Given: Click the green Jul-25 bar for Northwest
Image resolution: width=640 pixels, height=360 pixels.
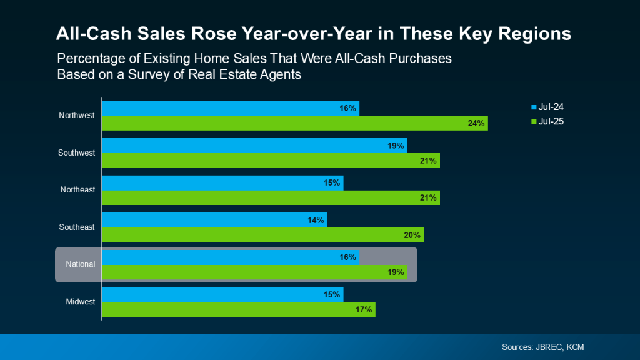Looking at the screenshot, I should tap(294, 123).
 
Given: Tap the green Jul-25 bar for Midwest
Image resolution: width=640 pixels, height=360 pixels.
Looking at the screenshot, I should tap(237, 309).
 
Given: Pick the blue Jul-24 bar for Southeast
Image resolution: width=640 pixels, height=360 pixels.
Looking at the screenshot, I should tap(214, 220).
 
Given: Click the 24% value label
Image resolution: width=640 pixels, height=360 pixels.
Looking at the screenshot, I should tap(476, 123).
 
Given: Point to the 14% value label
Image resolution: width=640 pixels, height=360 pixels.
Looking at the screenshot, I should tap(316, 220).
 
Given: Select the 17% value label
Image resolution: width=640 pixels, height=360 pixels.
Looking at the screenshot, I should tap(364, 309).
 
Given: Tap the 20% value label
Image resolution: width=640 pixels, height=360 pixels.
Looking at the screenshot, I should tap(412, 235).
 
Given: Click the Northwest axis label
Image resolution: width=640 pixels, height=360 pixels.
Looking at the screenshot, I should tap(77, 116).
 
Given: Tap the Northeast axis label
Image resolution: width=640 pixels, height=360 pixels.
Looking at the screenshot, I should tap(77, 190).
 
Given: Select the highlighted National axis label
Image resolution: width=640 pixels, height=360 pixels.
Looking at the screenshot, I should tap(81, 264).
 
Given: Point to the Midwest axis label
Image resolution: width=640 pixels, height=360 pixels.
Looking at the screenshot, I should tap(80, 302).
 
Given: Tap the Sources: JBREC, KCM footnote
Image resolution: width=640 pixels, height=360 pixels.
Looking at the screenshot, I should tap(542, 347).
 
